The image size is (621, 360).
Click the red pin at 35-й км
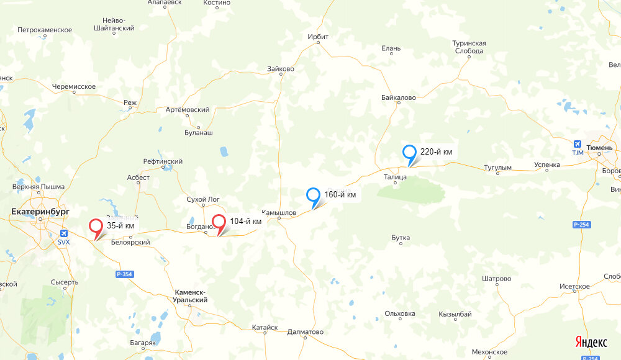point(96,227)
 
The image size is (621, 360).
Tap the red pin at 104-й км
point(219,222)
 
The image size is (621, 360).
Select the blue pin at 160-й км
point(314,195)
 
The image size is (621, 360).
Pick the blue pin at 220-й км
point(409,152)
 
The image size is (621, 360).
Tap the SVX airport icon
point(63,233)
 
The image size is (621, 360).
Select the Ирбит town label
point(318,37)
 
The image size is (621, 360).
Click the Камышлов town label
point(279,212)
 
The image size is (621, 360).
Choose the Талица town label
point(395,177)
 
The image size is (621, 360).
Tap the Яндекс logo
point(591,342)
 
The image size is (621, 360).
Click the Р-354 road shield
point(125,274)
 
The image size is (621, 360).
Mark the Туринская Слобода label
point(469,47)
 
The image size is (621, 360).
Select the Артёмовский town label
point(188,110)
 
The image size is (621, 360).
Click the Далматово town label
point(306,332)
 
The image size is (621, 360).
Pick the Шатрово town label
point(496,279)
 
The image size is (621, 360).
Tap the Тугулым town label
point(497,168)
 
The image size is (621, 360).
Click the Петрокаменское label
point(45,30)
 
